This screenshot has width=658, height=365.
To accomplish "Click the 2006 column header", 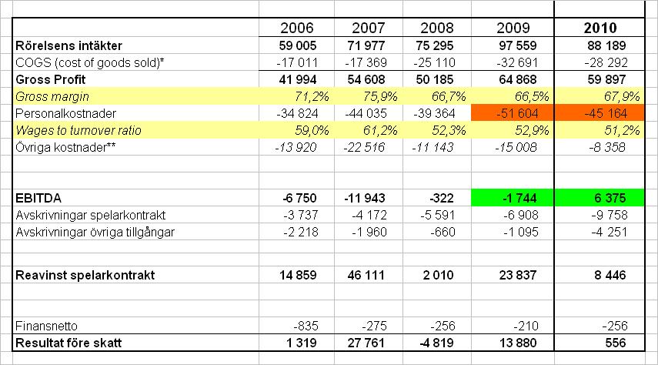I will [296, 28].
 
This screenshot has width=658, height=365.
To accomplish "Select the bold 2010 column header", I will [600, 28].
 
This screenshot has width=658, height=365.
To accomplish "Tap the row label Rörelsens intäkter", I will [68, 46].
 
